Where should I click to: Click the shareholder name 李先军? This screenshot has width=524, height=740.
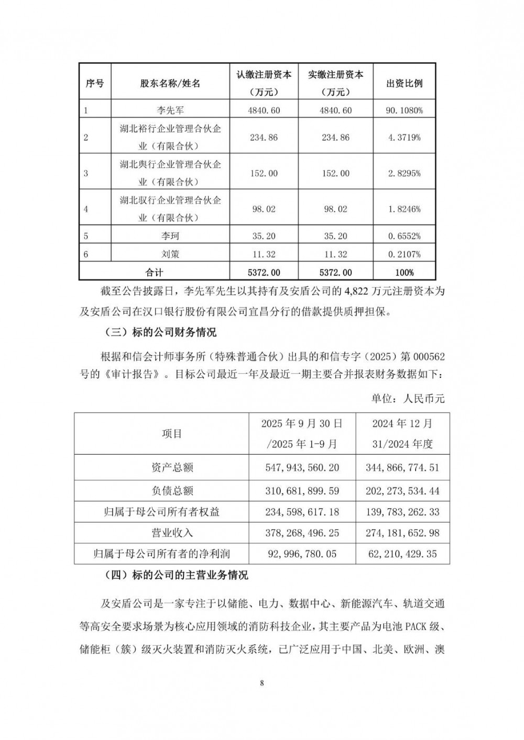click(x=170, y=110)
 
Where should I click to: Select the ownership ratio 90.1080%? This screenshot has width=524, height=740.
click(x=404, y=110)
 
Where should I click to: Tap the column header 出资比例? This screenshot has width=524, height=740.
click(x=404, y=83)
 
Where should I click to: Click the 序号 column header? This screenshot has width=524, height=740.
click(x=95, y=83)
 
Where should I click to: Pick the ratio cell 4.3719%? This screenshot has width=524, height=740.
click(x=404, y=138)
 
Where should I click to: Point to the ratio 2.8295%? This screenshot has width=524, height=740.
click(x=404, y=173)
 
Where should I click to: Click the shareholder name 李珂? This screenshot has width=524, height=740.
click(x=170, y=236)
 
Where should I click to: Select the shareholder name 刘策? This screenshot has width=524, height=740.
click(x=170, y=254)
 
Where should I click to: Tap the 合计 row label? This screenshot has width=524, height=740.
click(x=155, y=272)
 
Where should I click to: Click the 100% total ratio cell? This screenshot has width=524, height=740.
click(x=404, y=272)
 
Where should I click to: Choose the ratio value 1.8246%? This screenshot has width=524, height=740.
click(x=404, y=209)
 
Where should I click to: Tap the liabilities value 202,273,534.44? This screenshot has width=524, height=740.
click(x=402, y=490)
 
